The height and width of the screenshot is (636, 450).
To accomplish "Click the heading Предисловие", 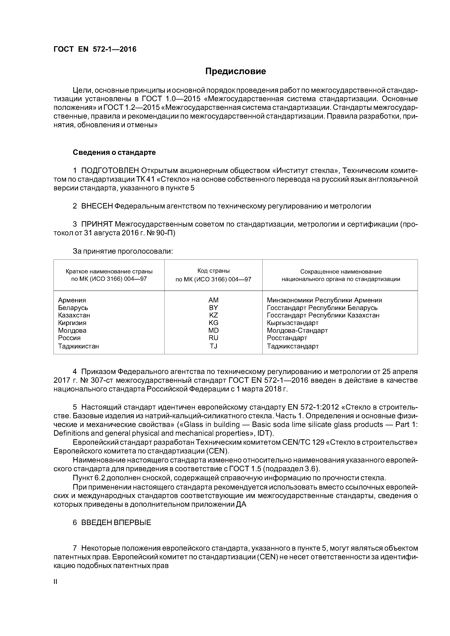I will (x=235, y=71).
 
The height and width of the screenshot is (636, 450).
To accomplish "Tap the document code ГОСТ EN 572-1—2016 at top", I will (x=95, y=49).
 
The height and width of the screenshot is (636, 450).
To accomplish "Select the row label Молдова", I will (x=72, y=331).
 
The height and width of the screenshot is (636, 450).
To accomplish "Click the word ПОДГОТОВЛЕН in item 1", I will (x=110, y=170).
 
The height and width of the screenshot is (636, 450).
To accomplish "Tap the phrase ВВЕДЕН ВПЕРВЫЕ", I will (x=116, y=523).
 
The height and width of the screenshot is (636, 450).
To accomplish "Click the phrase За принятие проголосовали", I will (x=123, y=251).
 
